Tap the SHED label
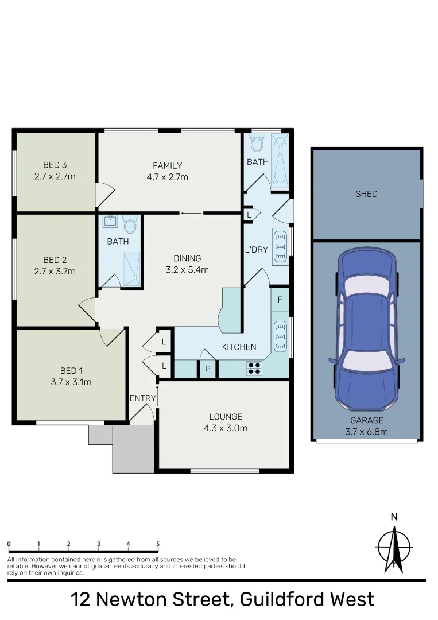coord(366,194)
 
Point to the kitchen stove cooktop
coord(254,367)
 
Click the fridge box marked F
coord(280,300)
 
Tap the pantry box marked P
coord(207,369)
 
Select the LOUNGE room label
coord(226,417)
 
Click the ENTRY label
coord(142,398)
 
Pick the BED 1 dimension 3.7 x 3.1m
coord(72,381)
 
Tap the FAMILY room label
coord(167,166)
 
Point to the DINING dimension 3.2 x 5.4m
coord(188,270)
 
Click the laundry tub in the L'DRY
coord(280,246)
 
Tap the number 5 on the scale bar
coord(158,544)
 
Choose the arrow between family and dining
coord(191,214)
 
